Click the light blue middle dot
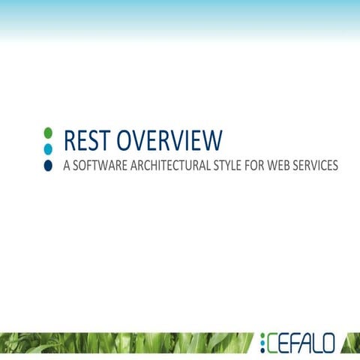pos(48,148)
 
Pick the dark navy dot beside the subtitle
pos(48,165)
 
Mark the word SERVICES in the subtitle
pos(321,165)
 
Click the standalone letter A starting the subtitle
pos(67,165)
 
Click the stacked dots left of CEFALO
pos(263,343)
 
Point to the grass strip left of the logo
pos(127,343)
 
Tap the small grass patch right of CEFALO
pos(351,343)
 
